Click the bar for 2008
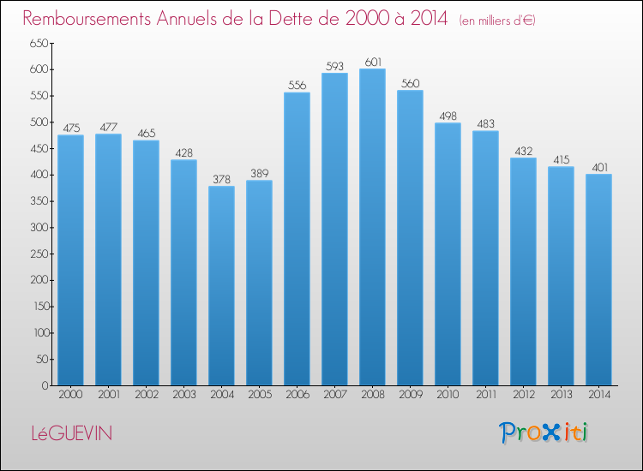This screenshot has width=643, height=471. (372, 227)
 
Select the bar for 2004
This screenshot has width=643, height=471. (221, 286)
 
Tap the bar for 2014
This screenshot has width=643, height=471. (598, 279)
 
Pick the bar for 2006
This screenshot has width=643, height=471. (297, 239)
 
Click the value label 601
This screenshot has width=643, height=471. (372, 61)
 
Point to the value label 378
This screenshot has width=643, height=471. (221, 179)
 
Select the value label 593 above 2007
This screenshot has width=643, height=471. (334, 65)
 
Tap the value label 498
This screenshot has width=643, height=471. (448, 115)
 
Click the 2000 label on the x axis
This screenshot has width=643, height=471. (70, 395)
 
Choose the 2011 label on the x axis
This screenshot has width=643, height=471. (485, 395)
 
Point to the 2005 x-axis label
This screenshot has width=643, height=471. (259, 395)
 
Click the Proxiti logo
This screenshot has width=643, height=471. (543, 432)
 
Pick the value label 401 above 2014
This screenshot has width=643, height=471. (598, 166)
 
